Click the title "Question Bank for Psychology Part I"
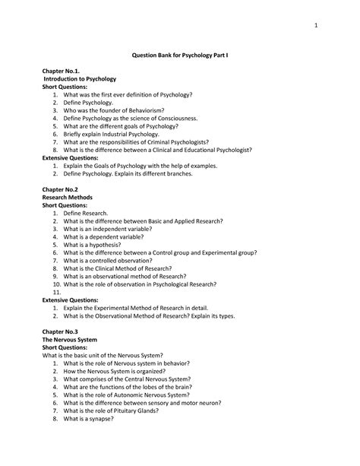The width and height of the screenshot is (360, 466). coord(180,56)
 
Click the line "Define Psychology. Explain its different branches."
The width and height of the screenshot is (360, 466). coord(139,173)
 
